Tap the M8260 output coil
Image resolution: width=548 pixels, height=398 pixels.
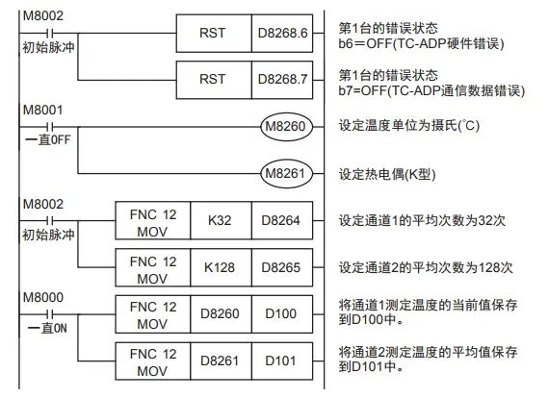(x=289, y=126)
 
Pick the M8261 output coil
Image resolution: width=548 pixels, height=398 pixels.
(x=289, y=173)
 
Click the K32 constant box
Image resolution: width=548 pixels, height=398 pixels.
(x=217, y=221)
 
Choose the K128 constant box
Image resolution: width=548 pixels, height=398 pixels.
(x=217, y=267)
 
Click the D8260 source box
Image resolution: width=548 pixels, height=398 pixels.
(x=217, y=313)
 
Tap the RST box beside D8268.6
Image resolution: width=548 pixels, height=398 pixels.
(x=214, y=34)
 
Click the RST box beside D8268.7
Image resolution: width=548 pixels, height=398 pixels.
(x=214, y=80)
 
